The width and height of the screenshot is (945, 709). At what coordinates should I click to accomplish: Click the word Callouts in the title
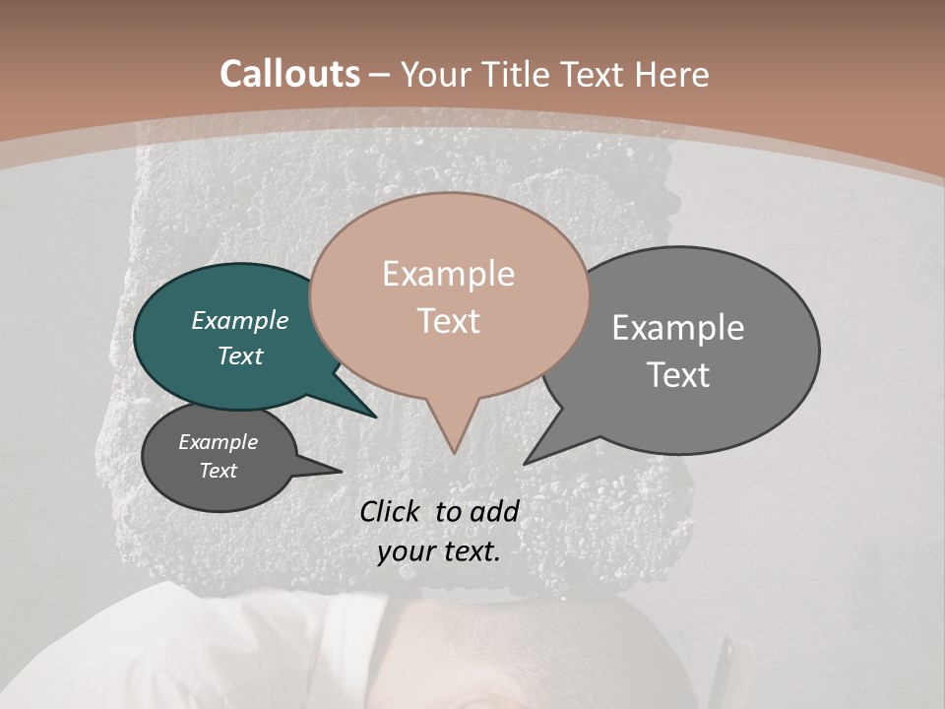point(289,74)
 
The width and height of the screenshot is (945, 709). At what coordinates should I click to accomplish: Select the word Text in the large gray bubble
point(678,375)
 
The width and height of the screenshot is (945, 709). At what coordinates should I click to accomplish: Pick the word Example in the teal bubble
point(239,320)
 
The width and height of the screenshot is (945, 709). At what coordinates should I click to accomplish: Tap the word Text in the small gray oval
point(218,471)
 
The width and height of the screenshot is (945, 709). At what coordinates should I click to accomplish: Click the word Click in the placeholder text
point(392,511)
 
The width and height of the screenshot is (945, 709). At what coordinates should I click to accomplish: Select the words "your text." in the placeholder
point(438,551)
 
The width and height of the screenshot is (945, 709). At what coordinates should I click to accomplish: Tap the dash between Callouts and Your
point(380,75)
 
